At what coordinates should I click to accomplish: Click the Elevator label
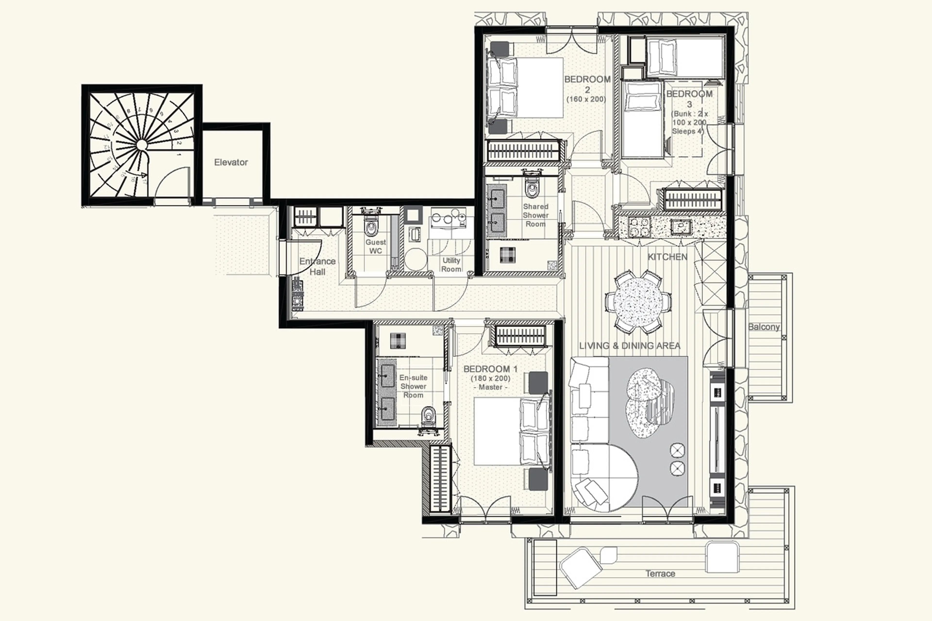point(231,162)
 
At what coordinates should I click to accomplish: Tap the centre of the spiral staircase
point(141,145)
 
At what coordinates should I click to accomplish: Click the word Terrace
point(660,573)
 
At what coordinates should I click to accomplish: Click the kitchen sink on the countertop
point(681,227)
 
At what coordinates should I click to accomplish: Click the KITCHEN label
point(667,257)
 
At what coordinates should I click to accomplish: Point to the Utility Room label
point(451,265)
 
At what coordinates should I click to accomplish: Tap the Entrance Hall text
point(317,266)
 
